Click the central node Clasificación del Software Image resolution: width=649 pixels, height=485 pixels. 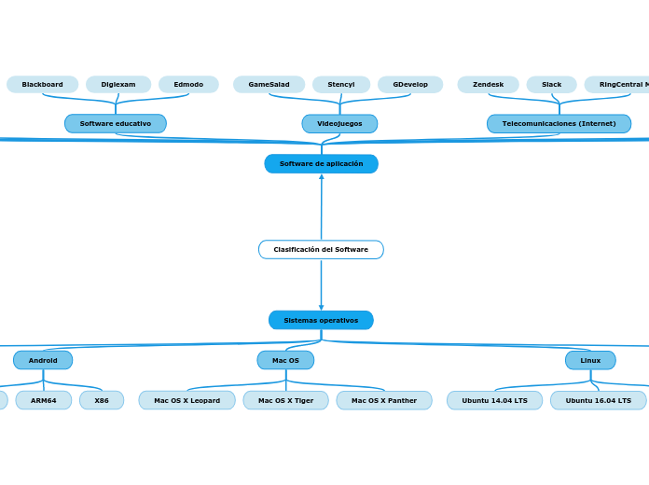(321, 250)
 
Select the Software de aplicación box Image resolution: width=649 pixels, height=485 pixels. (321, 164)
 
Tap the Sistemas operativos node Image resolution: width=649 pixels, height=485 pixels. (321, 320)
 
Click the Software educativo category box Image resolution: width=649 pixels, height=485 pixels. (116, 123)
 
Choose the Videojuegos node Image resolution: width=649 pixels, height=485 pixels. (339, 123)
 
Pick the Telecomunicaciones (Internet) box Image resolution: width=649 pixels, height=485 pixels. (559, 123)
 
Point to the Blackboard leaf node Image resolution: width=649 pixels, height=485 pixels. (43, 85)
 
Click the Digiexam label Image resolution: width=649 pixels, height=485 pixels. (118, 85)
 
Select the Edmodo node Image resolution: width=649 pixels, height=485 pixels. (188, 85)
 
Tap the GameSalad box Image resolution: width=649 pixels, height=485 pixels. (269, 85)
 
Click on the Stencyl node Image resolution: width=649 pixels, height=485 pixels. (341, 85)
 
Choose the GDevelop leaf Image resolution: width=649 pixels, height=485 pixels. (410, 85)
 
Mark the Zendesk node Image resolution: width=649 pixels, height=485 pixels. (488, 85)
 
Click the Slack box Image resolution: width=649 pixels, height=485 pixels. (551, 85)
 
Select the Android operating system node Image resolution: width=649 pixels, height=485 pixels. (43, 360)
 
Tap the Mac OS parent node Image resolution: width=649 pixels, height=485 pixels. (285, 360)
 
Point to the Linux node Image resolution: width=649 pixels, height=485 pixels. (590, 360)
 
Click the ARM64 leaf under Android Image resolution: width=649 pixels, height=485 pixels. (44, 400)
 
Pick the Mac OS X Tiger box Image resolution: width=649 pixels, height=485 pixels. (285, 400)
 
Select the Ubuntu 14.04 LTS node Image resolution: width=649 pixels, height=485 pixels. (494, 400)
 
